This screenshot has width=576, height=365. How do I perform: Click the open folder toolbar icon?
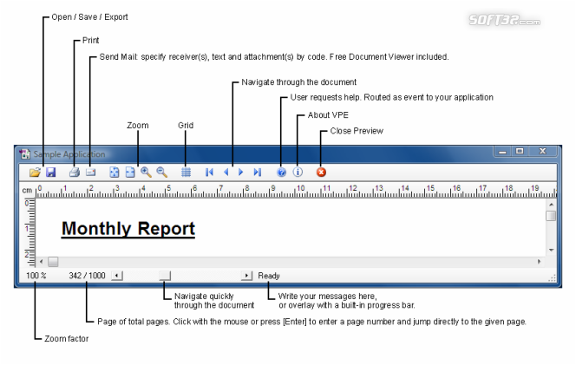(35, 172)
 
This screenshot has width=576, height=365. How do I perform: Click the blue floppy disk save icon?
(50, 172)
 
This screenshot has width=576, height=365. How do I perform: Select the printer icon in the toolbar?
(75, 172)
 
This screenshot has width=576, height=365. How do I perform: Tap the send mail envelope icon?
(90, 172)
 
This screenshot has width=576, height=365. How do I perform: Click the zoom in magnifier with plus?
(147, 172)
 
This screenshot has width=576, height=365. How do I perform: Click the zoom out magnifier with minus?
(162, 172)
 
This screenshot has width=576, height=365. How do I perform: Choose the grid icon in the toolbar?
(186, 172)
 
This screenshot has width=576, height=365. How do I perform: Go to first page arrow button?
(209, 172)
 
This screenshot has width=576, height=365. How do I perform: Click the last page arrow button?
(257, 172)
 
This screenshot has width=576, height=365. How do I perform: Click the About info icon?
(298, 172)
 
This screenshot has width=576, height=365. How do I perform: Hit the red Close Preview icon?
(321, 172)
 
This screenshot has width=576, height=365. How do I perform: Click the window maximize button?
(520, 151)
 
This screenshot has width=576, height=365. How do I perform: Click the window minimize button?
(502, 151)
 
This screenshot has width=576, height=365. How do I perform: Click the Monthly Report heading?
(128, 229)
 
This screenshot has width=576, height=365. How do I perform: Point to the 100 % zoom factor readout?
(36, 276)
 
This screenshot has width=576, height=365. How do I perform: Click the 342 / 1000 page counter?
(87, 276)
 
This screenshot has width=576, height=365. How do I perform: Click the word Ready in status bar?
(269, 276)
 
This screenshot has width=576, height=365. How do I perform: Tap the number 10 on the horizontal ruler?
(300, 188)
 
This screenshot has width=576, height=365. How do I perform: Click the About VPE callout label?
(328, 115)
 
